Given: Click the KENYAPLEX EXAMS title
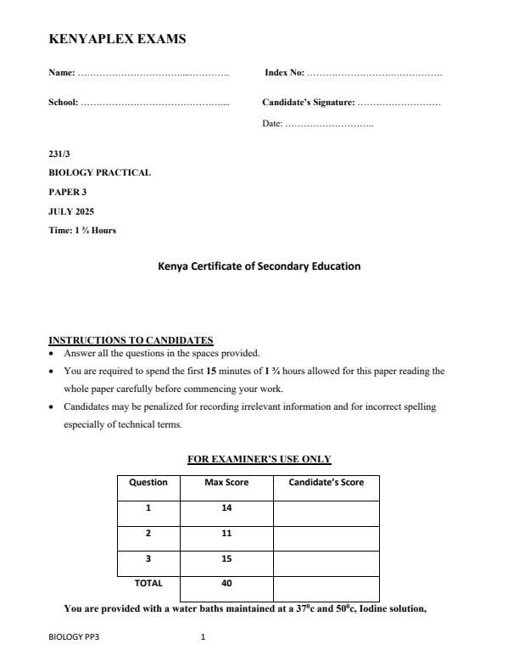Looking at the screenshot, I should (117, 39).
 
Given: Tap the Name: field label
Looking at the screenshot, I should (62, 74).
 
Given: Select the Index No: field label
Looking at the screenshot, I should (284, 74).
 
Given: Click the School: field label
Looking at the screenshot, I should (64, 103).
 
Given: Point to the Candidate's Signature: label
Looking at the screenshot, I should (308, 103).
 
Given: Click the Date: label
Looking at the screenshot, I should (273, 125).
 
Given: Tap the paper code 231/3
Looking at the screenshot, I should (59, 154).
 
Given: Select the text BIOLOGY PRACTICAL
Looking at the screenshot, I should (99, 172).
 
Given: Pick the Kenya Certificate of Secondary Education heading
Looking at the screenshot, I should (259, 266).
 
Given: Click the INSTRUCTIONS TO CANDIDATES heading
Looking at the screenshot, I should (131, 340).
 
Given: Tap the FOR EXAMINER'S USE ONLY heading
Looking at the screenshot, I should (259, 459).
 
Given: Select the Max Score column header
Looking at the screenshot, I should (226, 482).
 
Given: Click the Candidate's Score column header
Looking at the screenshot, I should (326, 482).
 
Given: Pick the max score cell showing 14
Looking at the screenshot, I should (226, 508).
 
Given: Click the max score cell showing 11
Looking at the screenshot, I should (226, 534).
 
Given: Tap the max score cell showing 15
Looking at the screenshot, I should (226, 559).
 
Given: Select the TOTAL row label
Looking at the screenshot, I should (148, 584).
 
